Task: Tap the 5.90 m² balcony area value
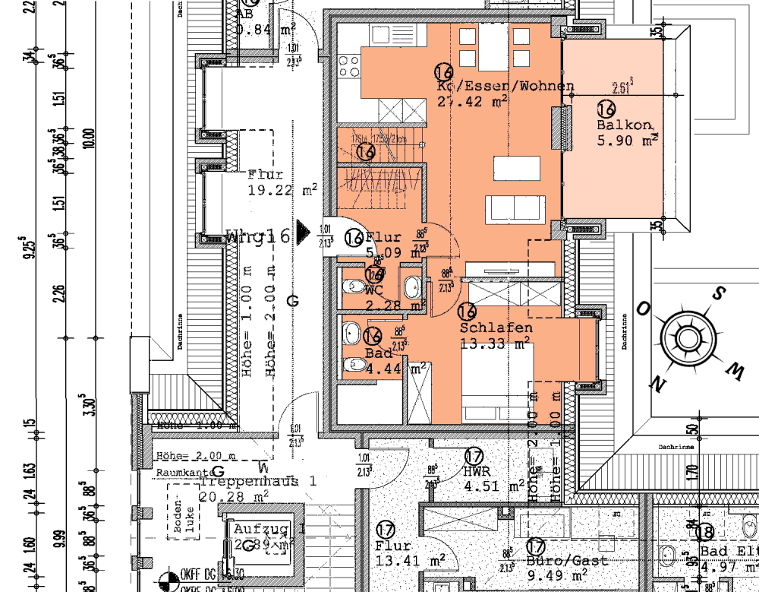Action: tap(627, 141)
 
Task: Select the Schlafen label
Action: tap(496, 328)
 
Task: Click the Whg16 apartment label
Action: tap(258, 237)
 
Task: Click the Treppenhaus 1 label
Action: tap(257, 481)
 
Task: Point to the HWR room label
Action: tap(479, 471)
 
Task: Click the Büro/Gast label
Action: tap(567, 561)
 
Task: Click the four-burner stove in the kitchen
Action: tap(349, 65)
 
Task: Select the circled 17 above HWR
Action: tap(474, 457)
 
